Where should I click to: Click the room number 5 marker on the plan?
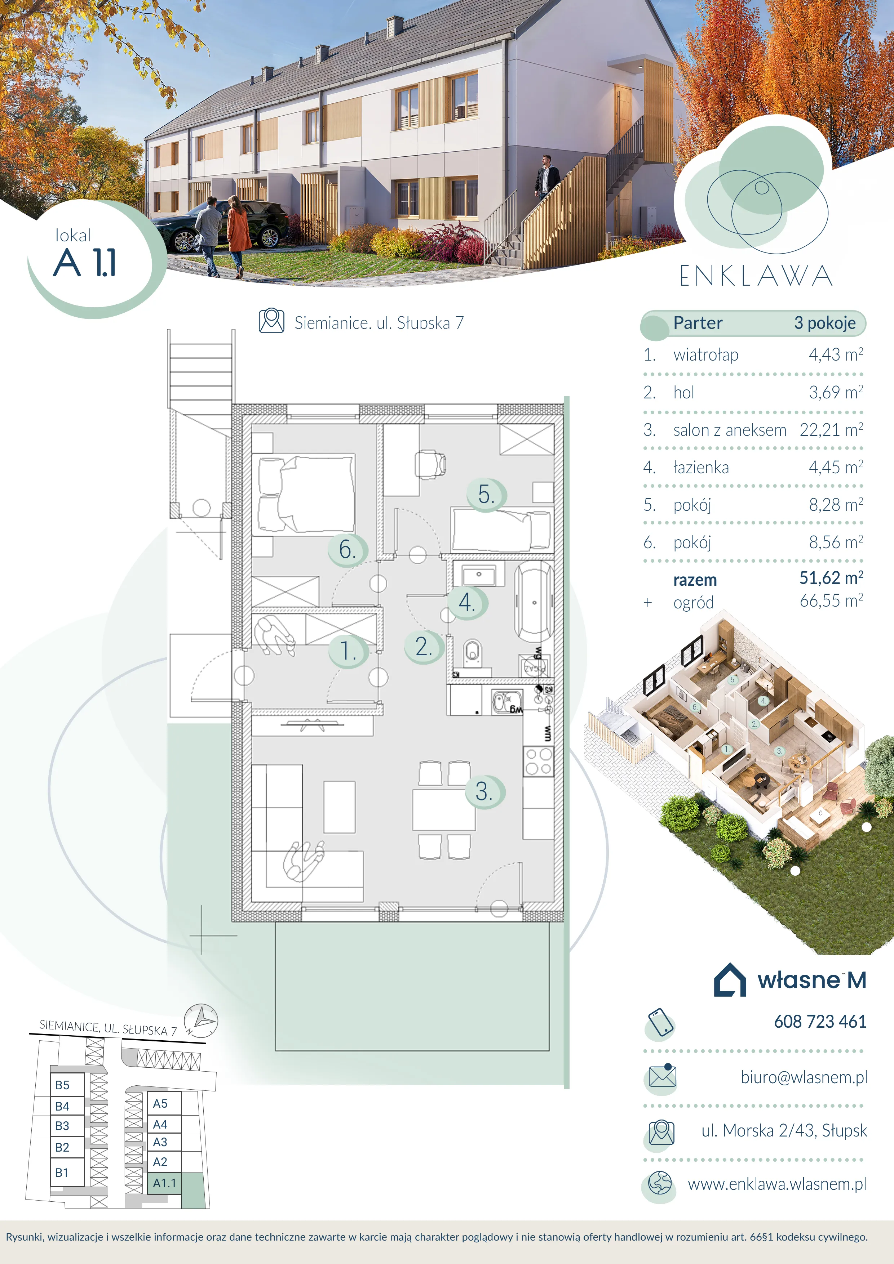[x=485, y=494]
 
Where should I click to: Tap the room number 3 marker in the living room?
[x=484, y=792]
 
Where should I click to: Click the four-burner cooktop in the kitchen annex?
[x=538, y=761]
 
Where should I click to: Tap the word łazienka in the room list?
[x=701, y=468]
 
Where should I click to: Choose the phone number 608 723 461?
[x=820, y=1022]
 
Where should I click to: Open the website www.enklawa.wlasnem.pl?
[x=777, y=1184]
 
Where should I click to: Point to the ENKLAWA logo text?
[x=756, y=276]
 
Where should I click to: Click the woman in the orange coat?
[x=238, y=236]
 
